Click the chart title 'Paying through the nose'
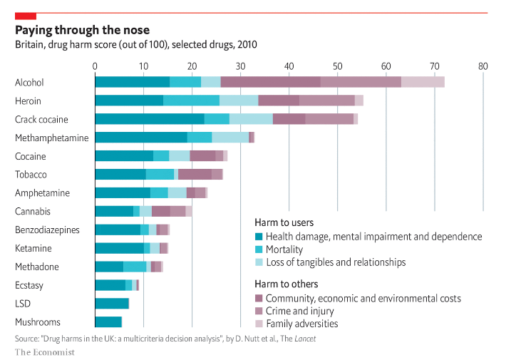click(83, 30)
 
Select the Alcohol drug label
click(29, 83)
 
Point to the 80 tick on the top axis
click(483, 66)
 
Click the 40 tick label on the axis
click(289, 66)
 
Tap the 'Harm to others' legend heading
click(287, 284)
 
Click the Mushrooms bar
click(108, 322)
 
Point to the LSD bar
click(112, 303)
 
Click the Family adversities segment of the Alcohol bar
click(423, 82)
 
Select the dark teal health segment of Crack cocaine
click(149, 119)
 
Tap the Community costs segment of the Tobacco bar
click(195, 174)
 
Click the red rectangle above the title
click(26, 15)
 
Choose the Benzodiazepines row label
click(47, 230)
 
